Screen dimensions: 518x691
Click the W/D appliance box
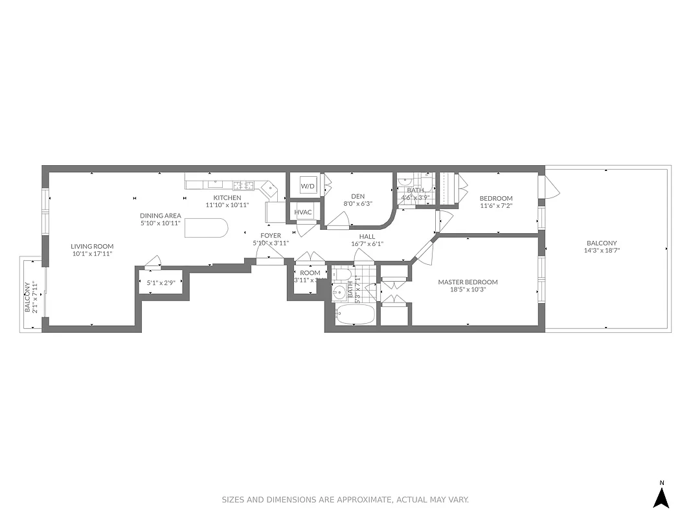[x=307, y=186]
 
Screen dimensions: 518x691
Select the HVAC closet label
[x=303, y=212]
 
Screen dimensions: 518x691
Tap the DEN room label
[x=358, y=196]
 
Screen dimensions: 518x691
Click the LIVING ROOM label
[x=92, y=246]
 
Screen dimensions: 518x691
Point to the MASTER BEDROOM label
[x=468, y=282]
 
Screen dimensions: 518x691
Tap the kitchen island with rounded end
[x=207, y=228]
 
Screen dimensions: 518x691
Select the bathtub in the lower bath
[x=354, y=316]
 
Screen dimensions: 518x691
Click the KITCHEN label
[x=227, y=197]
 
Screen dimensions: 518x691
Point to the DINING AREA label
[x=161, y=216]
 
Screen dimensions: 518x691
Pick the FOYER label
[x=271, y=236]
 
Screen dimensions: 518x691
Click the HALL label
[x=367, y=236]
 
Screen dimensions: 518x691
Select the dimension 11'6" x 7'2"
[x=496, y=206]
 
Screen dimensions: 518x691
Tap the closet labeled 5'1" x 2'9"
[x=161, y=283]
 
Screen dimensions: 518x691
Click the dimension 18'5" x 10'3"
[x=468, y=289]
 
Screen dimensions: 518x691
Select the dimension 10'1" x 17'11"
[x=92, y=254]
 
